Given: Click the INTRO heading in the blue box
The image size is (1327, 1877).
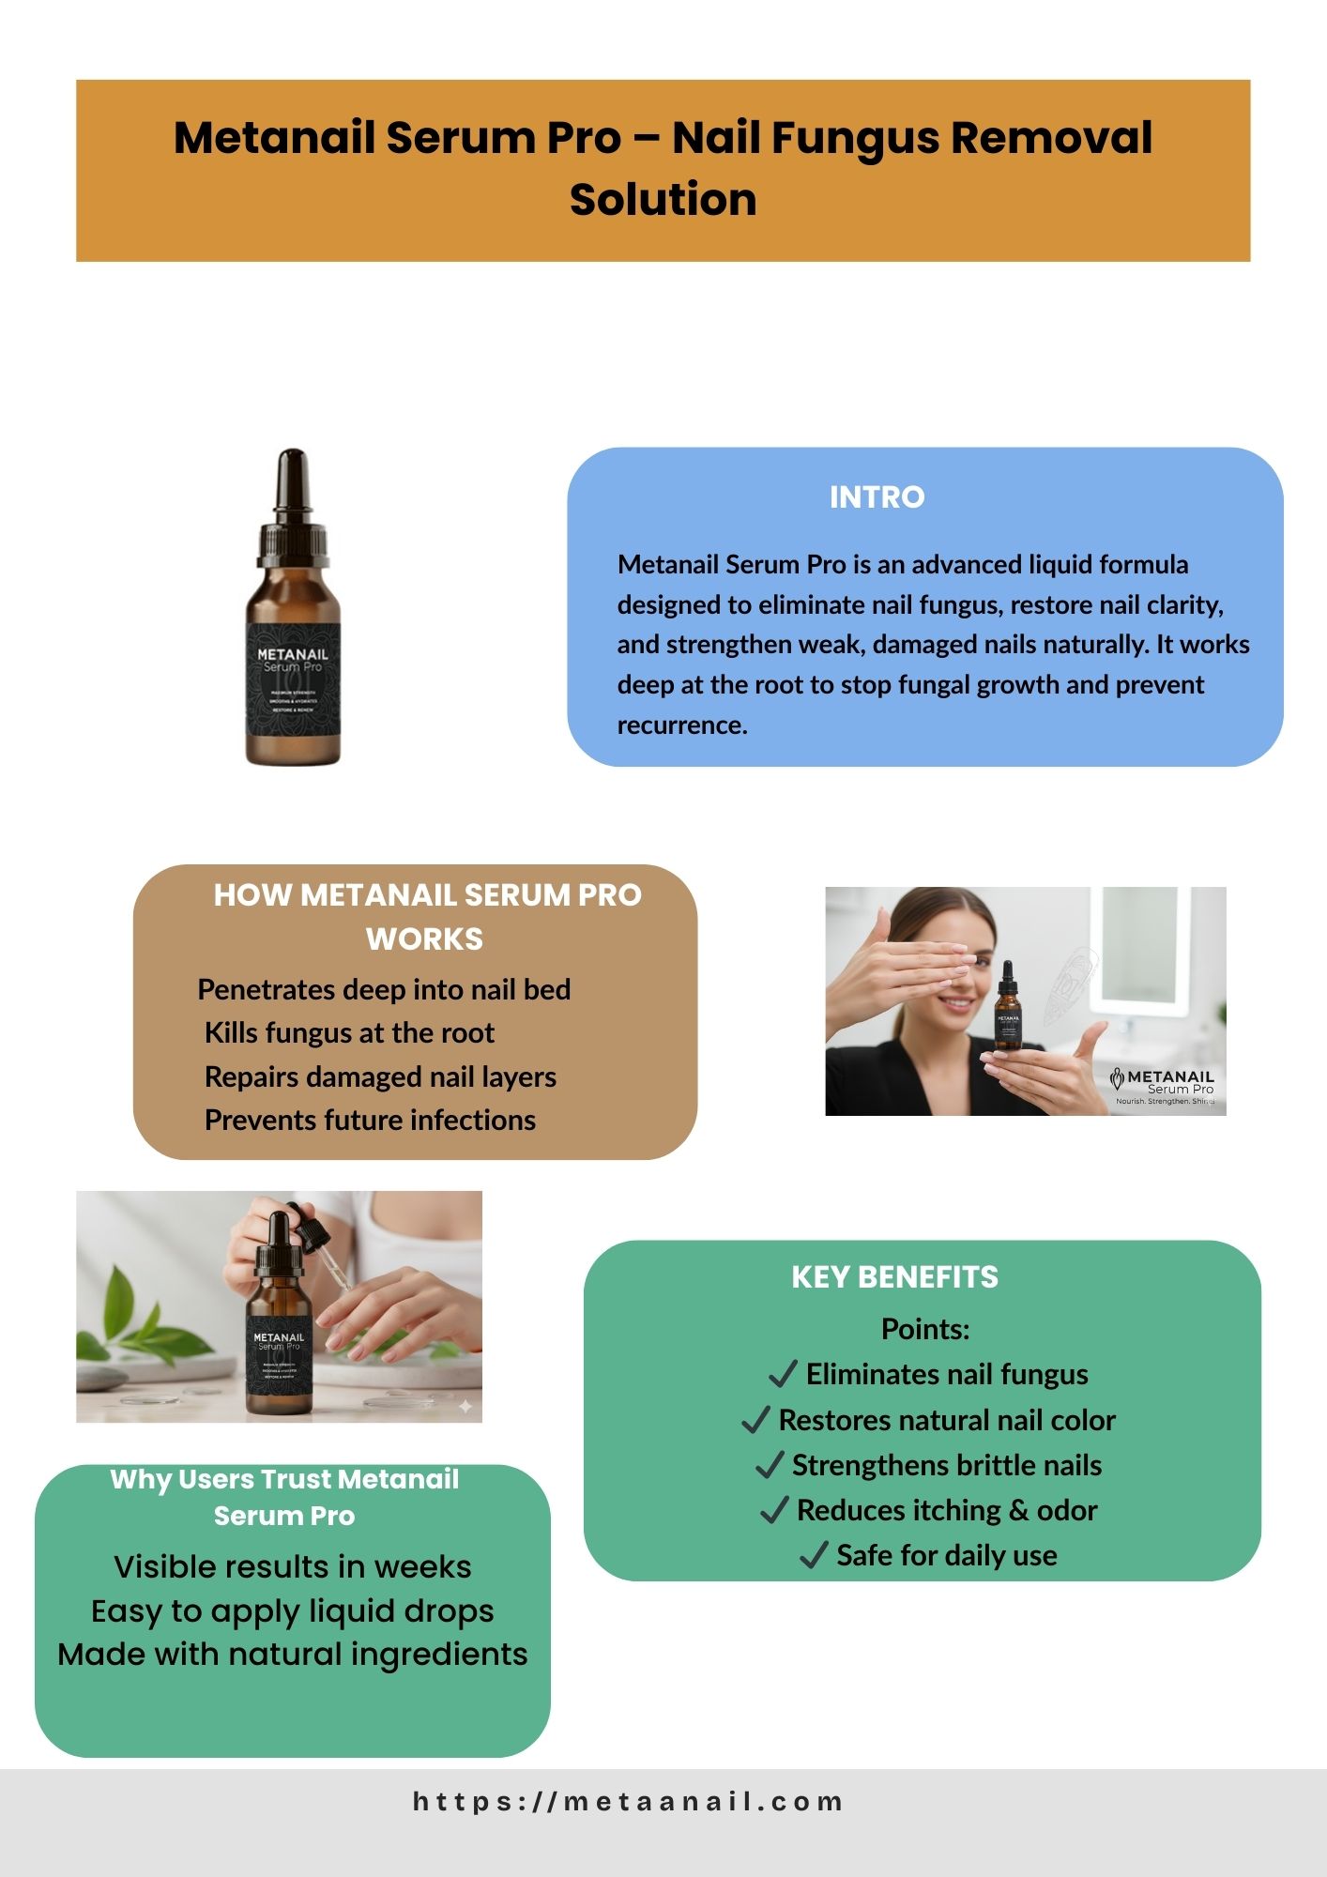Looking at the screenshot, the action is click(877, 496).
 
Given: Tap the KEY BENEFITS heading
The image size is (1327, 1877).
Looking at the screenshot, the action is click(894, 1276).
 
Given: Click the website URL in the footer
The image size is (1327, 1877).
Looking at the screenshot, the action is click(628, 1801).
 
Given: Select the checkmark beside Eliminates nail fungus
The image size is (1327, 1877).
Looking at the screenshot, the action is click(783, 1374).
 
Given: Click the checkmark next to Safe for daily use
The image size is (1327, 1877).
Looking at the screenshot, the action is click(813, 1555).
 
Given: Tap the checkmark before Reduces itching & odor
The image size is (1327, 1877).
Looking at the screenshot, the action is click(773, 1510).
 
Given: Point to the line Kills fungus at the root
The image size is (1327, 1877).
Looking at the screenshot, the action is click(349, 1032).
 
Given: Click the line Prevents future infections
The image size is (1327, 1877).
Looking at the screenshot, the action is click(370, 1120).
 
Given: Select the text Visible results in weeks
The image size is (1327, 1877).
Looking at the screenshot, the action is click(293, 1566).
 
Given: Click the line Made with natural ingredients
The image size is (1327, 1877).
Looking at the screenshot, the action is click(293, 1654).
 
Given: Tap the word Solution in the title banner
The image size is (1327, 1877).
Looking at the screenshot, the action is click(663, 199).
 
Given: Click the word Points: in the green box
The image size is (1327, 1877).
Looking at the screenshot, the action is click(925, 1329).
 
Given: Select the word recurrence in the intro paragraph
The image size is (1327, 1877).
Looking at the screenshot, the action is click(682, 725).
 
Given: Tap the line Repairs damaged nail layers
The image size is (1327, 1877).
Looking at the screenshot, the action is click(380, 1076).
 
